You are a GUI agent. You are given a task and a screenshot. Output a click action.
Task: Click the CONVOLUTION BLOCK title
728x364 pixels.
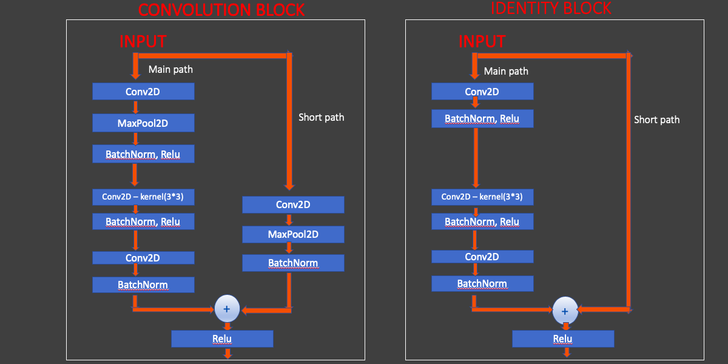click(221, 10)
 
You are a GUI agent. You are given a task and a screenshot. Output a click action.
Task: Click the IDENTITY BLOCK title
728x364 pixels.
click(551, 8)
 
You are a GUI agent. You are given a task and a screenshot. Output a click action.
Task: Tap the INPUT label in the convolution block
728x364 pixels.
click(143, 41)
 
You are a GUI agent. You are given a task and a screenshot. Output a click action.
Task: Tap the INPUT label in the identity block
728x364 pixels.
click(482, 41)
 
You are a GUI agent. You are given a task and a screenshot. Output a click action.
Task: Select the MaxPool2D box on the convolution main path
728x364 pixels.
click(143, 123)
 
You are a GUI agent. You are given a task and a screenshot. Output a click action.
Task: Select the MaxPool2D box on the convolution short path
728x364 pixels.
click(293, 234)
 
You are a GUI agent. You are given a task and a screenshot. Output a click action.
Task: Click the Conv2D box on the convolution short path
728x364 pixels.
click(293, 204)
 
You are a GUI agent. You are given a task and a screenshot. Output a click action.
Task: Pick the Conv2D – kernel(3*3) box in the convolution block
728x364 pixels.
click(143, 197)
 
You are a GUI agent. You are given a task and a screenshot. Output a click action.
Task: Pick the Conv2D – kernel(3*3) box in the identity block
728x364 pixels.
click(482, 197)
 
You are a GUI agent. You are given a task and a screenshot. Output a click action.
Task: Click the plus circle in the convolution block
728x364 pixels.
click(227, 309)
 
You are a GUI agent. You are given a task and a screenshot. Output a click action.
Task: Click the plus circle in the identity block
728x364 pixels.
click(565, 311)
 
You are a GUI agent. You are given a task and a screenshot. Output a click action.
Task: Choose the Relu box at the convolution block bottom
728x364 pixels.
click(222, 339)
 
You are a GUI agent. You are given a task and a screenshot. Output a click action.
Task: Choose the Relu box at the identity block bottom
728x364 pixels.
click(563, 339)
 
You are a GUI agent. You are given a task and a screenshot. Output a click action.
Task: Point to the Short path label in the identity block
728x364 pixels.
click(656, 120)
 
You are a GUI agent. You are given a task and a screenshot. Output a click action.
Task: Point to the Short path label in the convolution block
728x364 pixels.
click(321, 117)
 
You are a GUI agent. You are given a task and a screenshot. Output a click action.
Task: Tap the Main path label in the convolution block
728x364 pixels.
click(170, 69)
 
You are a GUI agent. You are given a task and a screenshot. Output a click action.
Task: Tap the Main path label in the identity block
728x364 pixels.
click(506, 71)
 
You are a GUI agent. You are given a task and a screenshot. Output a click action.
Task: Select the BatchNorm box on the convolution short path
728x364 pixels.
click(293, 263)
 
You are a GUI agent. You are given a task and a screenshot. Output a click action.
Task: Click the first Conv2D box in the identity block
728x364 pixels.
click(482, 92)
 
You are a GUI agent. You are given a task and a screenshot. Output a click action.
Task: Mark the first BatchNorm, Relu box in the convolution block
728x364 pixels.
click(143, 154)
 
